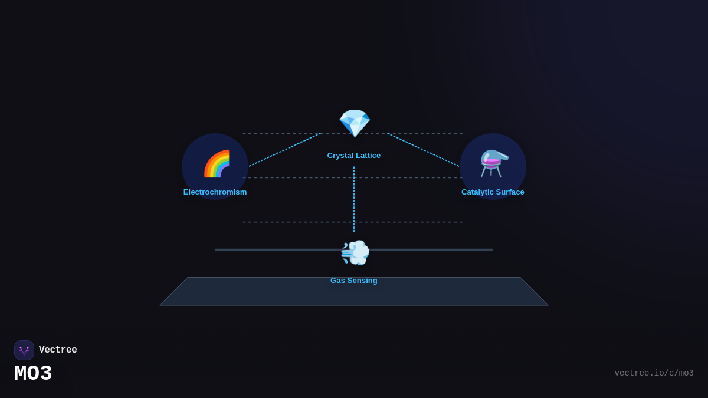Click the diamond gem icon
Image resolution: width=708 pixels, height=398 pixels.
tap(354, 123)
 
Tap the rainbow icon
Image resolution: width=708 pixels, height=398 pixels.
tap(217, 164)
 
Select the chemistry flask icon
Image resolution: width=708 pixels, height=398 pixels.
tap(493, 163)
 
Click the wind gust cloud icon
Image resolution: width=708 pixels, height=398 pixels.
tap(355, 252)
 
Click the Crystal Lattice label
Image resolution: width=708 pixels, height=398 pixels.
tap(354, 156)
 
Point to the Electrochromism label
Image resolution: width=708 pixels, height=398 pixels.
tap(215, 192)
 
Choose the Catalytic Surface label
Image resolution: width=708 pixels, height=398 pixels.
tap(493, 192)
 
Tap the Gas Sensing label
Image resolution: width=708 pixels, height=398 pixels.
tap(354, 281)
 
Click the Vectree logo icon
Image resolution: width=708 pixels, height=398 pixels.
tap(24, 350)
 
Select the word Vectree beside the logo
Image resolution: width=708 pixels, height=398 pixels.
tap(58, 350)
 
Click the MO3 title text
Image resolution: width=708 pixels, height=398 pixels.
tap(33, 374)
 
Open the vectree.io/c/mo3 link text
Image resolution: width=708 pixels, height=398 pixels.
tap(654, 373)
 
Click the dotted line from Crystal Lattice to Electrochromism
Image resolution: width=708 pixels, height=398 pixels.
tap(285, 150)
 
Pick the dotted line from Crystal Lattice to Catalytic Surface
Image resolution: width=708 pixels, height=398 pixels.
tap(423, 150)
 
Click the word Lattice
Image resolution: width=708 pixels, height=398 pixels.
tap(367, 156)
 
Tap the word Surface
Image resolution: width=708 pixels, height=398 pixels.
tap(510, 192)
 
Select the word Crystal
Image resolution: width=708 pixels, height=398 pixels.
tap(339, 156)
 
